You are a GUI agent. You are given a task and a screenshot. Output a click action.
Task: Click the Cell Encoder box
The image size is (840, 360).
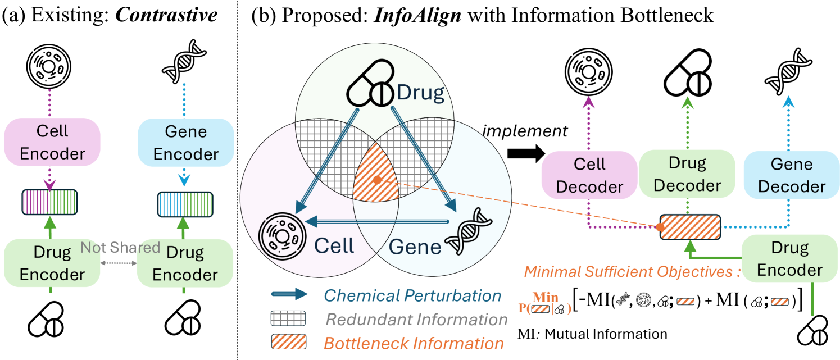click(52, 143)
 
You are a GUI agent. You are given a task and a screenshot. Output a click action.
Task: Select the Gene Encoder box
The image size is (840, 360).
click(186, 143)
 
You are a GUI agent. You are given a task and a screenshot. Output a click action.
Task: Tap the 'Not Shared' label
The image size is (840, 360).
click(120, 247)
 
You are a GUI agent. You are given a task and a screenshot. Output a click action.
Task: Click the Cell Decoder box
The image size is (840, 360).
click(589, 175)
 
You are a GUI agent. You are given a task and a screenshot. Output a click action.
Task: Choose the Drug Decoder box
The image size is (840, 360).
click(687, 174)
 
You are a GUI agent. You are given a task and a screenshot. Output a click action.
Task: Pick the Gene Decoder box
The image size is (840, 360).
click(792, 175)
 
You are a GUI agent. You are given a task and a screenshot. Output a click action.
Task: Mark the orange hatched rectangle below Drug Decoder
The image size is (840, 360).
click(689, 227)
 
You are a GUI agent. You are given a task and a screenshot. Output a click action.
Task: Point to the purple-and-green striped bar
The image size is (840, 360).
click(49, 200)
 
